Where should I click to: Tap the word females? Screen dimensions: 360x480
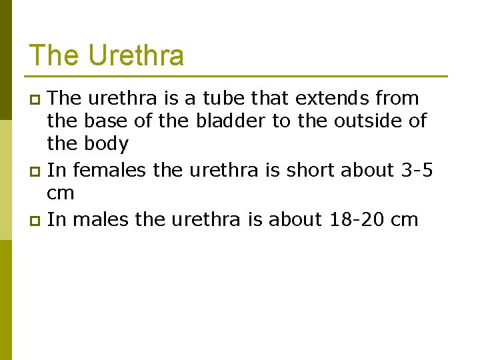pos(110,171)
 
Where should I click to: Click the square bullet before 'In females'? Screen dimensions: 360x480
pos(37,172)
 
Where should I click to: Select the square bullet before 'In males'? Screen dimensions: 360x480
pos(37,221)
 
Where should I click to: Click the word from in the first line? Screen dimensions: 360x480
pos(397,99)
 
